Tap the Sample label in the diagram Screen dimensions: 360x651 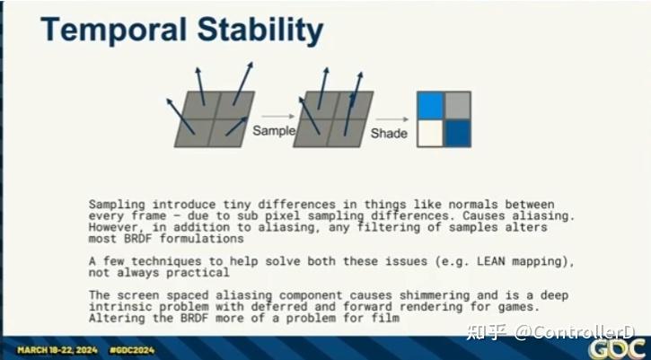(x=274, y=131)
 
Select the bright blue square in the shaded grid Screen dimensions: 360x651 (x=431, y=106)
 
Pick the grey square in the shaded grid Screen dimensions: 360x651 (x=457, y=106)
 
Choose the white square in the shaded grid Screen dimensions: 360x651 (x=431, y=133)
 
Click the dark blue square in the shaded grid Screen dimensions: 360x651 (x=457, y=133)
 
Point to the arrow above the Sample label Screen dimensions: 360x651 (x=278, y=116)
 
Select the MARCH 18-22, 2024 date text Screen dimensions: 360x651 (x=57, y=347)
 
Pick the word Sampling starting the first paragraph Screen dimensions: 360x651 (x=116, y=206)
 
